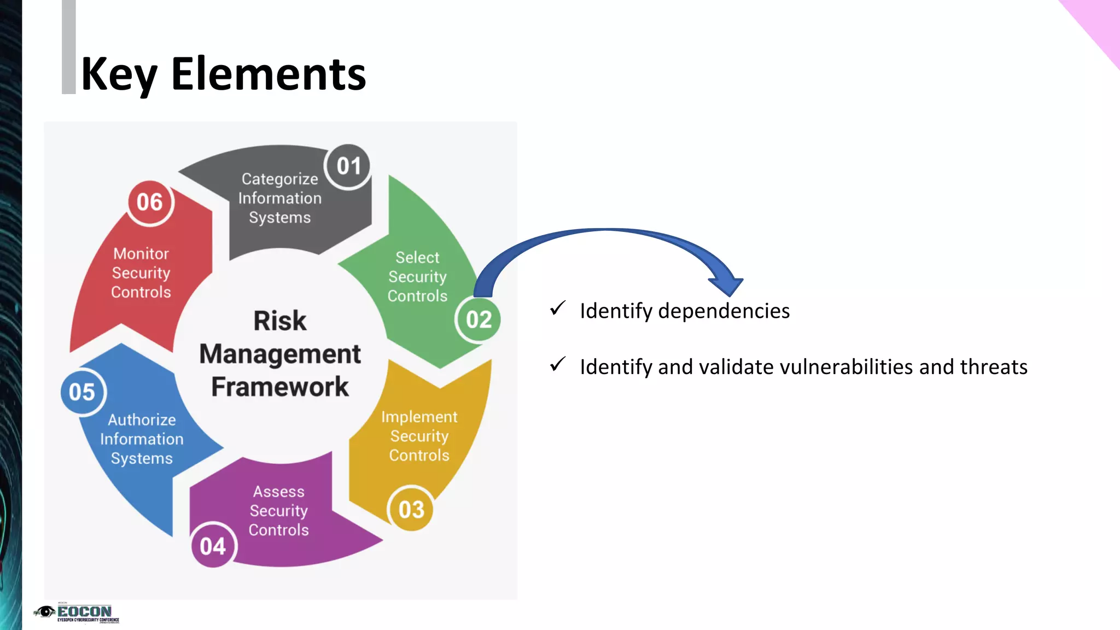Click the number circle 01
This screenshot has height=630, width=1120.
(348, 166)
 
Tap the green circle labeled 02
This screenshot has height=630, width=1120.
(479, 320)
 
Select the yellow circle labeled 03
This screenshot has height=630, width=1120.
(411, 510)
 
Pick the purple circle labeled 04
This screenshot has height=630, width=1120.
(213, 546)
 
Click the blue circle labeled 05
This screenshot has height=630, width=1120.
(83, 392)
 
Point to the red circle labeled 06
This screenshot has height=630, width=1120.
(149, 202)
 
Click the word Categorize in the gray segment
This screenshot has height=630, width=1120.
(279, 179)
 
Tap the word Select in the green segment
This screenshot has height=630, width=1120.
(417, 257)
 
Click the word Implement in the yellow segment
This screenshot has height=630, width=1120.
(419, 417)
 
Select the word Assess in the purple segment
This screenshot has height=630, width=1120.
(278, 492)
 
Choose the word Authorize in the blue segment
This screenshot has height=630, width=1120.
(142, 420)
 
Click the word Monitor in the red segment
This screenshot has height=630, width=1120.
(141, 254)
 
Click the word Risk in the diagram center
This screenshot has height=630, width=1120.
(279, 321)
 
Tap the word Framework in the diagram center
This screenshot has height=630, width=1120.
(279, 387)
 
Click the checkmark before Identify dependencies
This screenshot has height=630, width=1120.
(558, 308)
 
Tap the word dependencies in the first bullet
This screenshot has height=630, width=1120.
(724, 311)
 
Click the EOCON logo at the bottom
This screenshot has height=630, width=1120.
(77, 612)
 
